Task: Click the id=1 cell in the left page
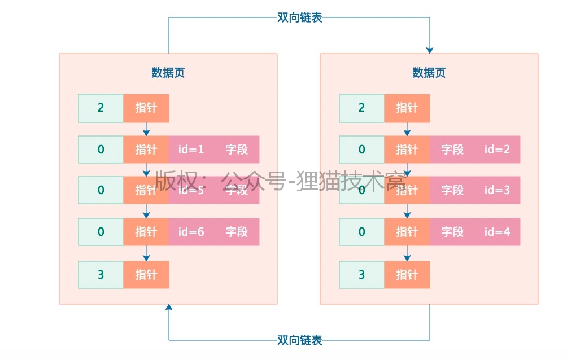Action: [191, 150]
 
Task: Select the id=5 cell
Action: [191, 190]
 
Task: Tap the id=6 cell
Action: [191, 231]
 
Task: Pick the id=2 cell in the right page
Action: [497, 150]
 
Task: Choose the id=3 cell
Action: [497, 190]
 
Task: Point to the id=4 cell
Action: [497, 231]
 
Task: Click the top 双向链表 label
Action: [299, 17]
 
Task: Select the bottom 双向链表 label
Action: [299, 340]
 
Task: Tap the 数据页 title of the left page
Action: [168, 73]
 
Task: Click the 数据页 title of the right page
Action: [429, 73]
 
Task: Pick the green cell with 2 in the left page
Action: [101, 108]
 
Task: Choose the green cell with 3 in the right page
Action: [362, 275]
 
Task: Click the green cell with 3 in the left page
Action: [101, 275]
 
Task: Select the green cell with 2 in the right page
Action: [362, 108]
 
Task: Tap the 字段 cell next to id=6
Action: [237, 231]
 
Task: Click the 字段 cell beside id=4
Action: [452, 231]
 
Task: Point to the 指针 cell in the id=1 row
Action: [146, 150]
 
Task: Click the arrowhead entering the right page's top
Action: [429, 50]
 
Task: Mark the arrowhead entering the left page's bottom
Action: [168, 308]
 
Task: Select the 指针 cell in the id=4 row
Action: [407, 231]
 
